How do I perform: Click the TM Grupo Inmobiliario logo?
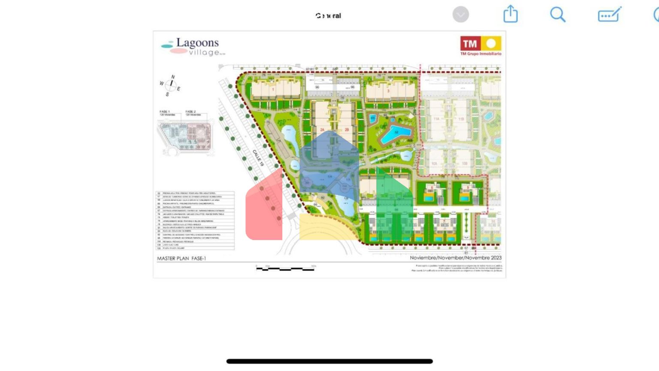point(481,46)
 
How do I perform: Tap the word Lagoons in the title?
point(197,43)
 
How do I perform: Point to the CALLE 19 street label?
point(258,158)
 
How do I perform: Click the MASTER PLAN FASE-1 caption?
point(181,258)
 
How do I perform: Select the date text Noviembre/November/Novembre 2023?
point(455,258)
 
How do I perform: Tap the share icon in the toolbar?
point(511,14)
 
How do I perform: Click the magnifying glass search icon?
point(558,15)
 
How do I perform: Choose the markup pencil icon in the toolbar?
point(610,15)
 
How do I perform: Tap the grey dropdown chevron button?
point(461,15)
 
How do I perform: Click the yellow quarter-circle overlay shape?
point(326,228)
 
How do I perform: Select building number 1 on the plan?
point(273,90)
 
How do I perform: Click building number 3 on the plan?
point(388,91)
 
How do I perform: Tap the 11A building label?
point(436,119)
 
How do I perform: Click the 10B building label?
point(464,164)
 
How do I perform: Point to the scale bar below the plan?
point(285,268)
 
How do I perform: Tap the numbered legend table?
point(195,220)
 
